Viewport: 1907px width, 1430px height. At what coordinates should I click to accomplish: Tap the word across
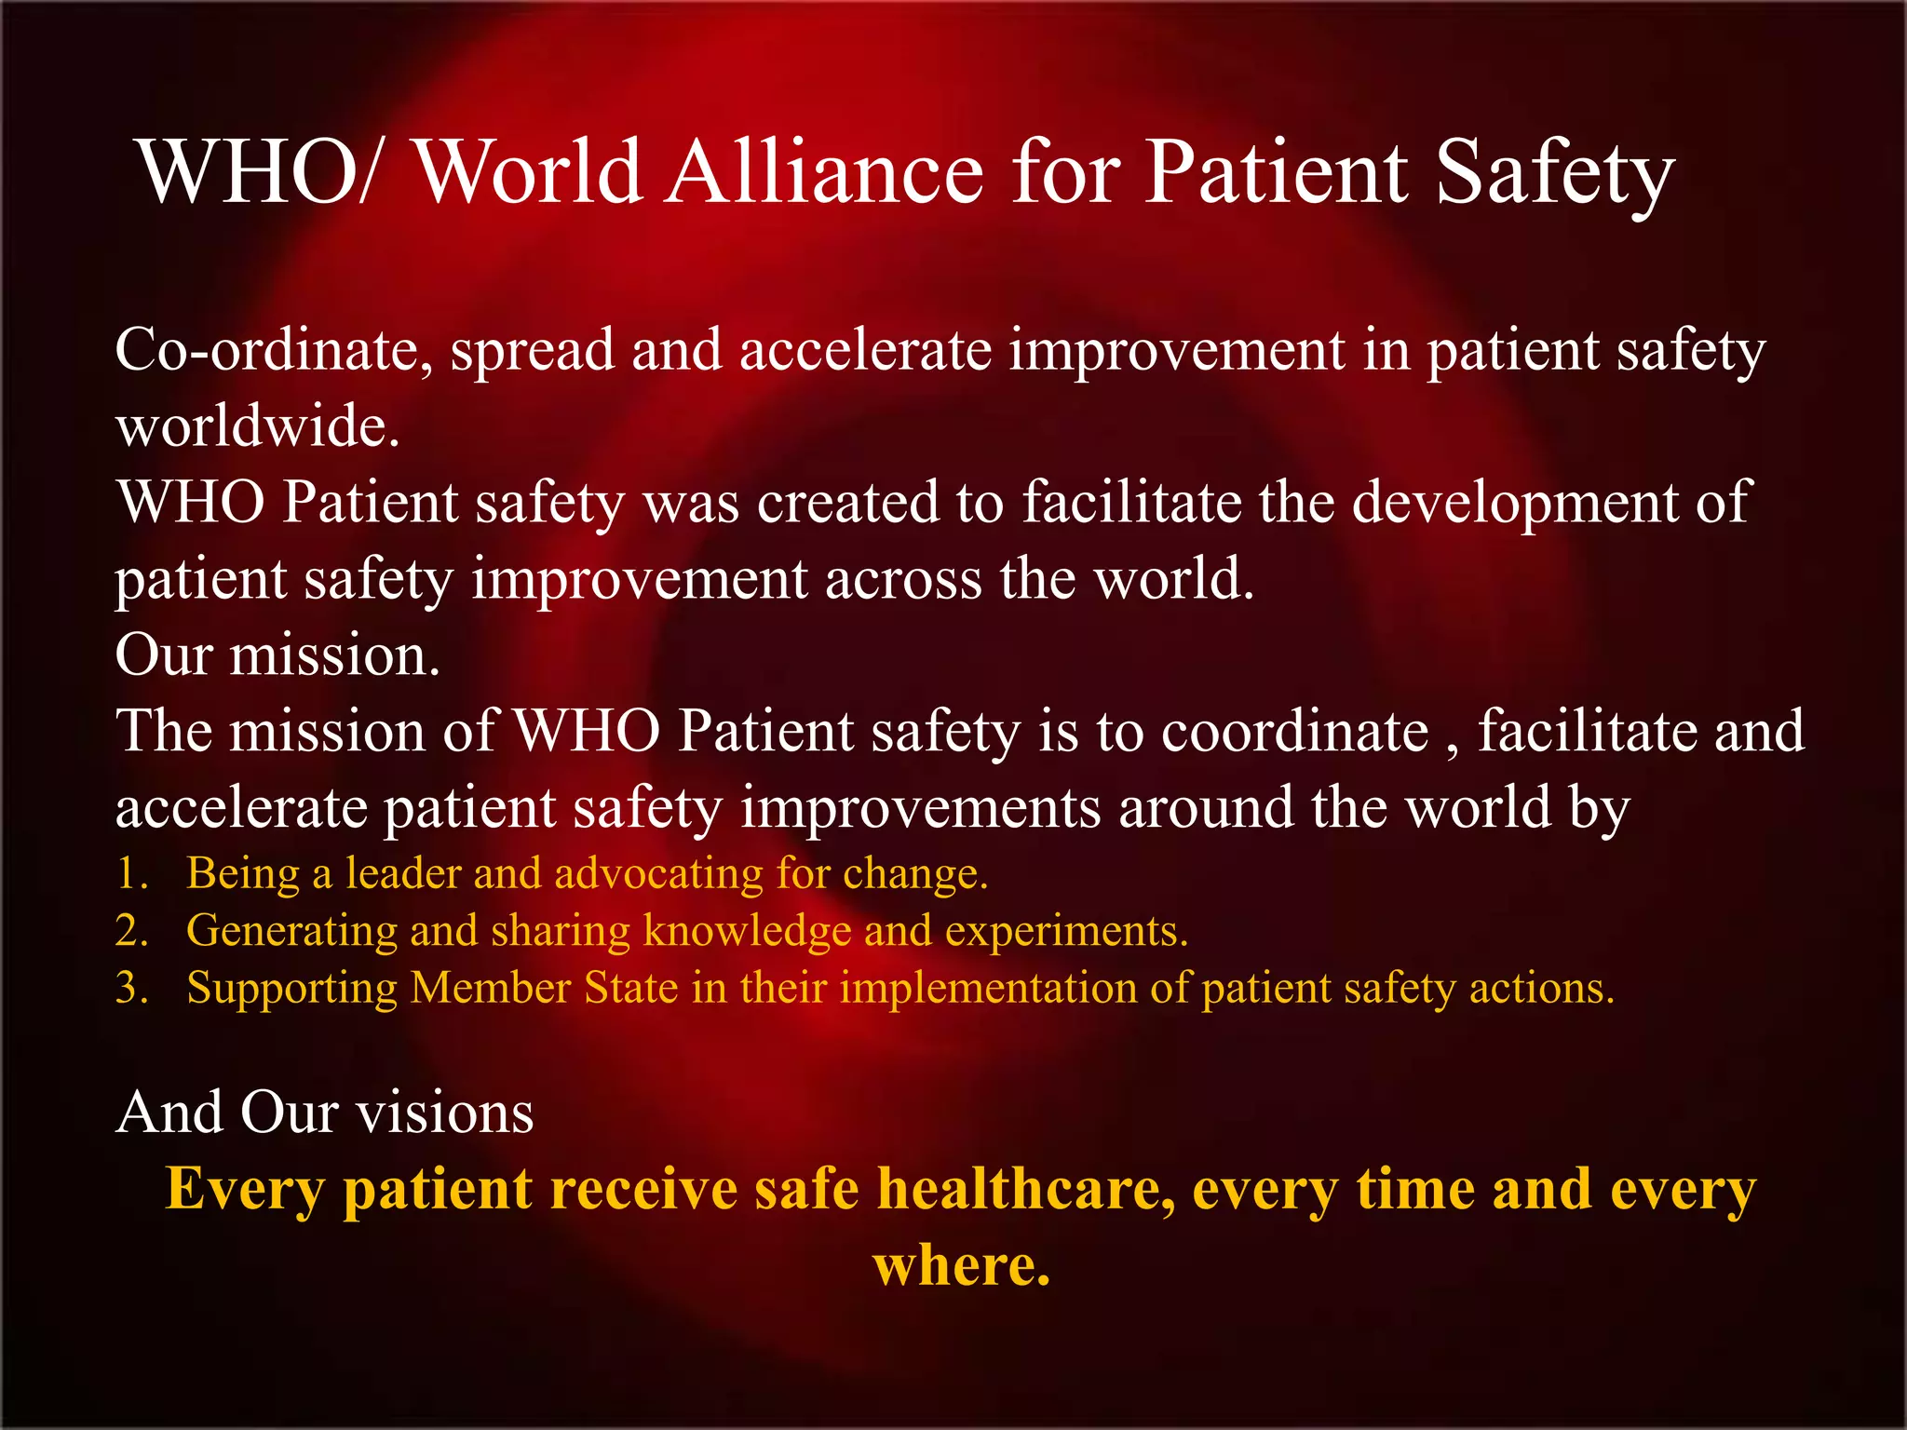coord(902,579)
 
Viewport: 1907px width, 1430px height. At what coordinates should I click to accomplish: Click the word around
coord(1206,807)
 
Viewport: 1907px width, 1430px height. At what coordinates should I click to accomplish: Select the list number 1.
coord(130,874)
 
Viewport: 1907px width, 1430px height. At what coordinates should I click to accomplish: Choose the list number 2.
coord(130,931)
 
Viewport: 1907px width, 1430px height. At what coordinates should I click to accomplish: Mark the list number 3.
coord(130,988)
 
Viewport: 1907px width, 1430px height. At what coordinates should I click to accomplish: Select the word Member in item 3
coord(491,988)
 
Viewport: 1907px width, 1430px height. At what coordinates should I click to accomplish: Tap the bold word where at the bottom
coord(961,1266)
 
